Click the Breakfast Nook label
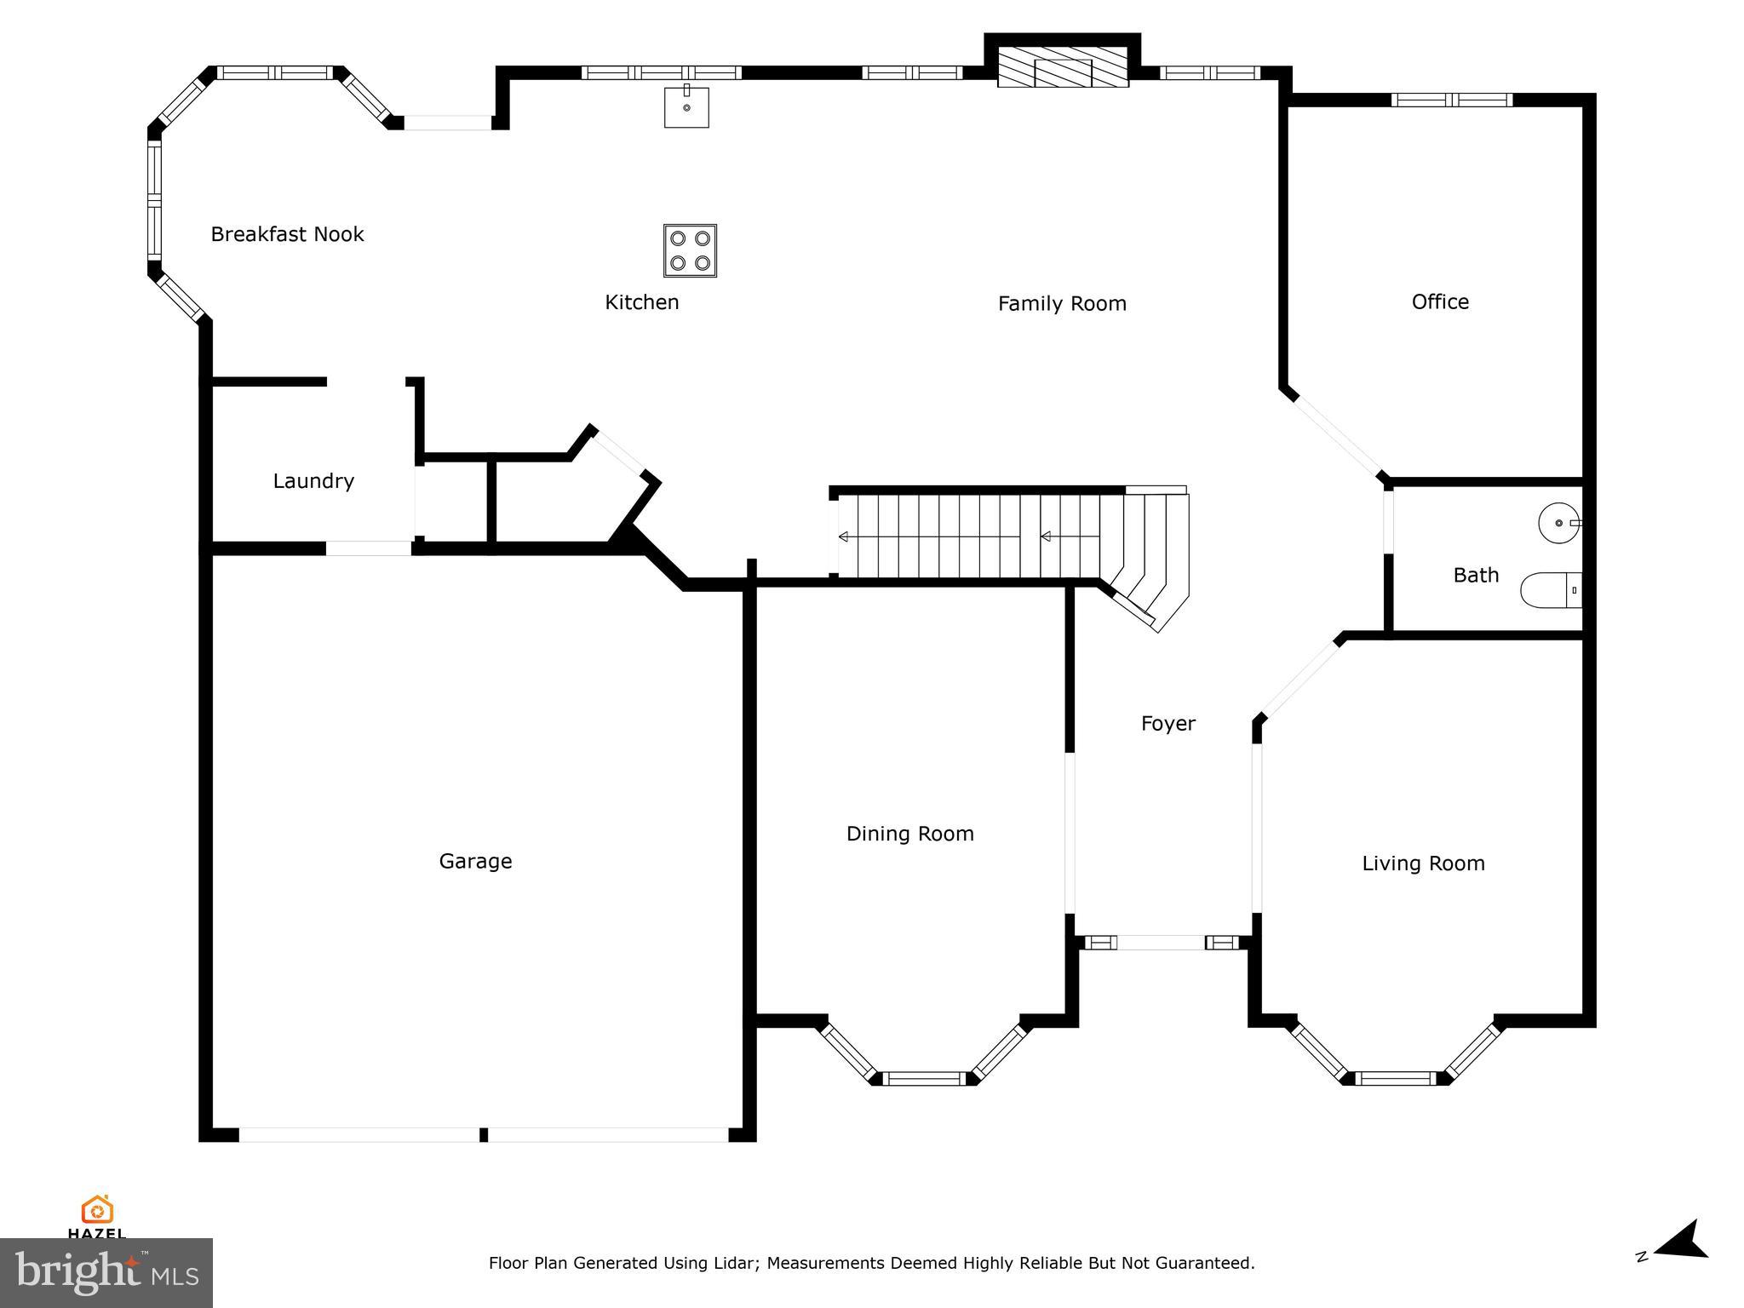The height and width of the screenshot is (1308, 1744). click(x=287, y=234)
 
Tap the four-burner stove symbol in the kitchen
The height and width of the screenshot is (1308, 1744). click(x=690, y=250)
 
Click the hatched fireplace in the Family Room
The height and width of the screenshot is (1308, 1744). click(x=1063, y=67)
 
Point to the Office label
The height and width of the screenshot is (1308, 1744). click(x=1440, y=301)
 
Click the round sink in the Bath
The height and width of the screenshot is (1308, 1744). click(x=1558, y=523)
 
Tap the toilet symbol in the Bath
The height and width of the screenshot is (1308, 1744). click(x=1550, y=590)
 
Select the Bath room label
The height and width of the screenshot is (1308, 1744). click(x=1476, y=576)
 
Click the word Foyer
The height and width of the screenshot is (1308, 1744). click(x=1167, y=724)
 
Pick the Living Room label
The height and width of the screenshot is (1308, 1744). click(x=1423, y=863)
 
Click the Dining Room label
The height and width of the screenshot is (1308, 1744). click(x=909, y=834)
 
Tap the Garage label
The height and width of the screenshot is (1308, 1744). click(x=475, y=861)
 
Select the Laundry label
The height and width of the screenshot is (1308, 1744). click(x=313, y=481)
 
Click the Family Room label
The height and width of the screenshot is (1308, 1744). click(x=1062, y=304)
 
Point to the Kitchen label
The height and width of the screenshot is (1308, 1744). click(x=641, y=302)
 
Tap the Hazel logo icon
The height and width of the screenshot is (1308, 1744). click(x=97, y=1209)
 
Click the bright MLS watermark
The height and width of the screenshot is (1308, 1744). click(x=106, y=1272)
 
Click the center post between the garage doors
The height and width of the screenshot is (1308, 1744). click(x=484, y=1134)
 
